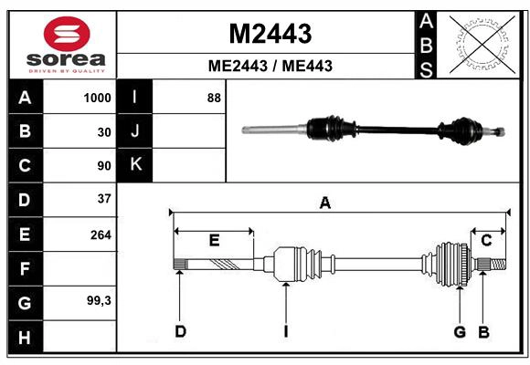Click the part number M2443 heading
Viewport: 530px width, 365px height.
270,34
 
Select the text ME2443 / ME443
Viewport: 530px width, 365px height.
270,66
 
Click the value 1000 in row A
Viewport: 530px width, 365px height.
97,98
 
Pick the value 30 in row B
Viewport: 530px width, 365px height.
103,131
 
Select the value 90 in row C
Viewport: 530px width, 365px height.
103,166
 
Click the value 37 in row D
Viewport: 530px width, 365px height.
103,199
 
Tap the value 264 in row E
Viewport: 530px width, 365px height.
101,235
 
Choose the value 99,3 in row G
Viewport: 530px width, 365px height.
99,300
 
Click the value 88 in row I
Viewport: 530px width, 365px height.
214,98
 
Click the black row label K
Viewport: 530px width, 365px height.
135,165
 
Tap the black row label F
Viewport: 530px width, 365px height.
25,268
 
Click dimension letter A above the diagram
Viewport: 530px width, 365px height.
324,203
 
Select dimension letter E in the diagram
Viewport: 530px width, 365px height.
214,241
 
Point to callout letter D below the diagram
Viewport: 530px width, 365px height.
180,330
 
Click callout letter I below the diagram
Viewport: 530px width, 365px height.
285,330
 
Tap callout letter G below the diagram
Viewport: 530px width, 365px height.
460,330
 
